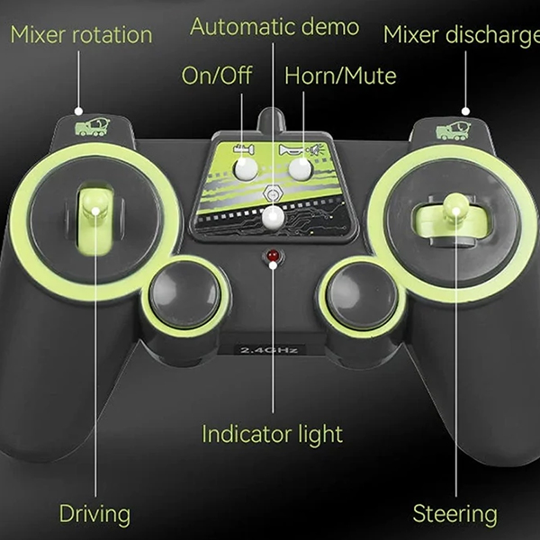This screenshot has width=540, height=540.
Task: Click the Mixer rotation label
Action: click(81, 35)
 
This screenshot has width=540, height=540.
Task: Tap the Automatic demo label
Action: click(274, 26)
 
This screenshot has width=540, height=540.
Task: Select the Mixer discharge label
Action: click(462, 35)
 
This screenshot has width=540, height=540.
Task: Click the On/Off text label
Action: click(217, 76)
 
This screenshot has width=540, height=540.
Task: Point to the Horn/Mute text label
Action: click(340, 76)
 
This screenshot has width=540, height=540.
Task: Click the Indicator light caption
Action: click(272, 434)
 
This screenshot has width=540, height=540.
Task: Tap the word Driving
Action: click(94, 514)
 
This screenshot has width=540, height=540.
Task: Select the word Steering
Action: click(454, 514)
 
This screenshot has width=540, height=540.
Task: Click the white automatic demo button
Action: click(273, 218)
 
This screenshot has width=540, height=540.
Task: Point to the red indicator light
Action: click(273, 256)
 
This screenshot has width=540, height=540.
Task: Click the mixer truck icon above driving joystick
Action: click(93, 127)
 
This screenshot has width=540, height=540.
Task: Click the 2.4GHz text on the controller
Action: click(269, 351)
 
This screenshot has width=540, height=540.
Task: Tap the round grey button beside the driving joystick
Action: click(185, 296)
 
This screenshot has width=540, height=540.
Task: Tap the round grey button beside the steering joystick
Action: click(362, 296)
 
